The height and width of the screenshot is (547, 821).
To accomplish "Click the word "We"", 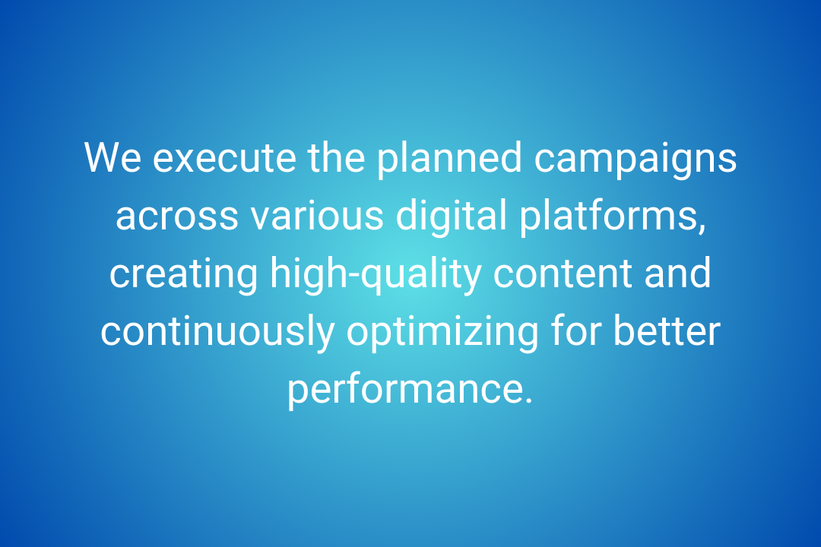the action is point(113,157).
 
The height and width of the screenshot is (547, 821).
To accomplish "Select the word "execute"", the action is point(224,159).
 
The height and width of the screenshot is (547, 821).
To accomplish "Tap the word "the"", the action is point(336,157).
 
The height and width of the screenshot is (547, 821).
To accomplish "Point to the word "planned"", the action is point(449,160).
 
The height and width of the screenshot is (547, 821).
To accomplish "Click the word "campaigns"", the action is point(635,160).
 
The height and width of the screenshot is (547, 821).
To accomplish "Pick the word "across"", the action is point(177,217).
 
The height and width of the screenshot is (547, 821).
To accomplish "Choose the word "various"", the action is point(317,214).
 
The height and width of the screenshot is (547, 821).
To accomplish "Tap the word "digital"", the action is point(452,218).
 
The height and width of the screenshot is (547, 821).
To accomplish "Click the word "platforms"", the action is point(608,218).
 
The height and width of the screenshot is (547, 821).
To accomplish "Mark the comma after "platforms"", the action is point(702,228).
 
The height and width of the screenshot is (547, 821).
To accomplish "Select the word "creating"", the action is point(183,276).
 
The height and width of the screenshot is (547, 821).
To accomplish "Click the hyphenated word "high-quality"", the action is point(376,276).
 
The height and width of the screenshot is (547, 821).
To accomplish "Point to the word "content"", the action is point(563,273).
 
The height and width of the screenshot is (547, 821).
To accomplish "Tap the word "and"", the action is point(677,272).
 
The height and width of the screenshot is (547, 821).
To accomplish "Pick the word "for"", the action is point(576,330).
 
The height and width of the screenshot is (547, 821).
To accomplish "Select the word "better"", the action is point(667,330).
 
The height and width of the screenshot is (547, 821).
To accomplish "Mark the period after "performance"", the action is point(528,400).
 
